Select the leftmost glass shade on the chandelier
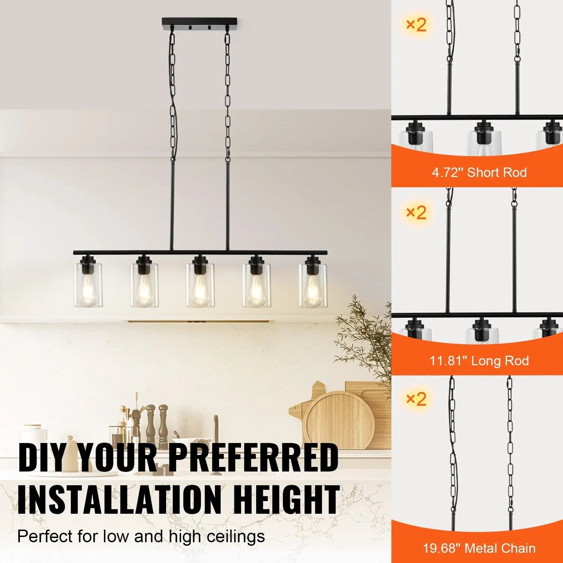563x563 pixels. point(88,285)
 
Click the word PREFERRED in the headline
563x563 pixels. point(255,457)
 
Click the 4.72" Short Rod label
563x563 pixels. point(479,172)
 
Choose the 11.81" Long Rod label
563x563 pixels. point(479,361)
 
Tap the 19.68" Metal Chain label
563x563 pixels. point(479,548)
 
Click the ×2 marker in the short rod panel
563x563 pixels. point(416,25)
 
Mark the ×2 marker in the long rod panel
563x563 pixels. point(416,212)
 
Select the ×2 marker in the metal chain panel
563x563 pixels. point(416,399)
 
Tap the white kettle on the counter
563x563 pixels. point(34,438)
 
